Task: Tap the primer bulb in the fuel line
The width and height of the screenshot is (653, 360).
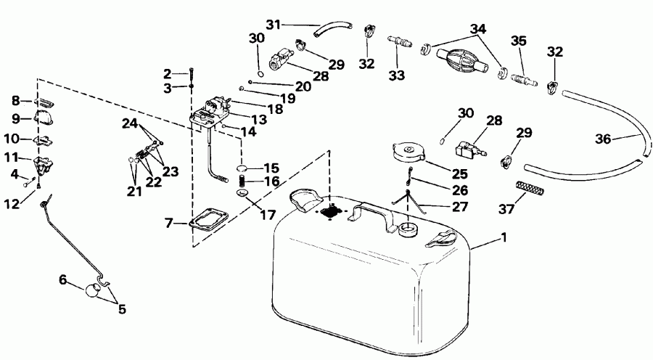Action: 462,58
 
